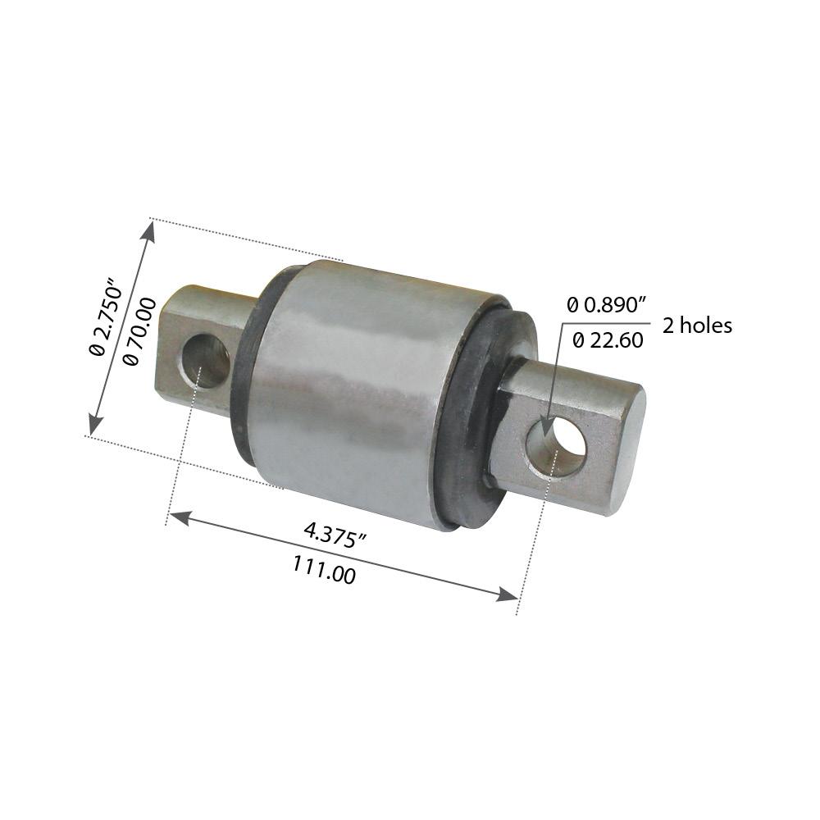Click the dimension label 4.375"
335,535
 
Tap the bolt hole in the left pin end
206,360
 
